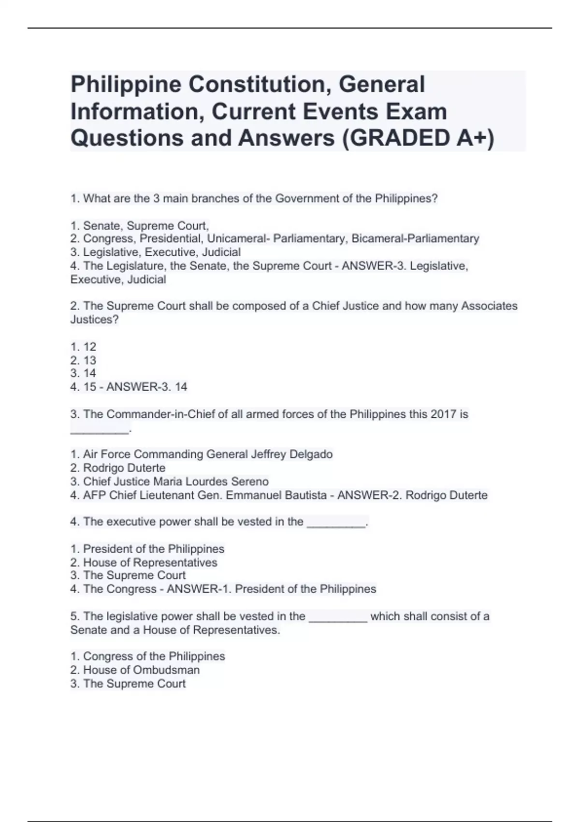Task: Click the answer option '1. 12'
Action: (83, 347)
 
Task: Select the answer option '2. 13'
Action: (83, 360)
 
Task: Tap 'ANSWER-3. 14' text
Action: (146, 387)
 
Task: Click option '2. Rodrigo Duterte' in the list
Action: (118, 468)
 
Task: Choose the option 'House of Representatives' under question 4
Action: (150, 562)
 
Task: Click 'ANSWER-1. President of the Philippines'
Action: (271, 589)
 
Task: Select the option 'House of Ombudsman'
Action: (141, 670)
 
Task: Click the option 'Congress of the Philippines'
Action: (154, 656)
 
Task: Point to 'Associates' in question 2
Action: (489, 306)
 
